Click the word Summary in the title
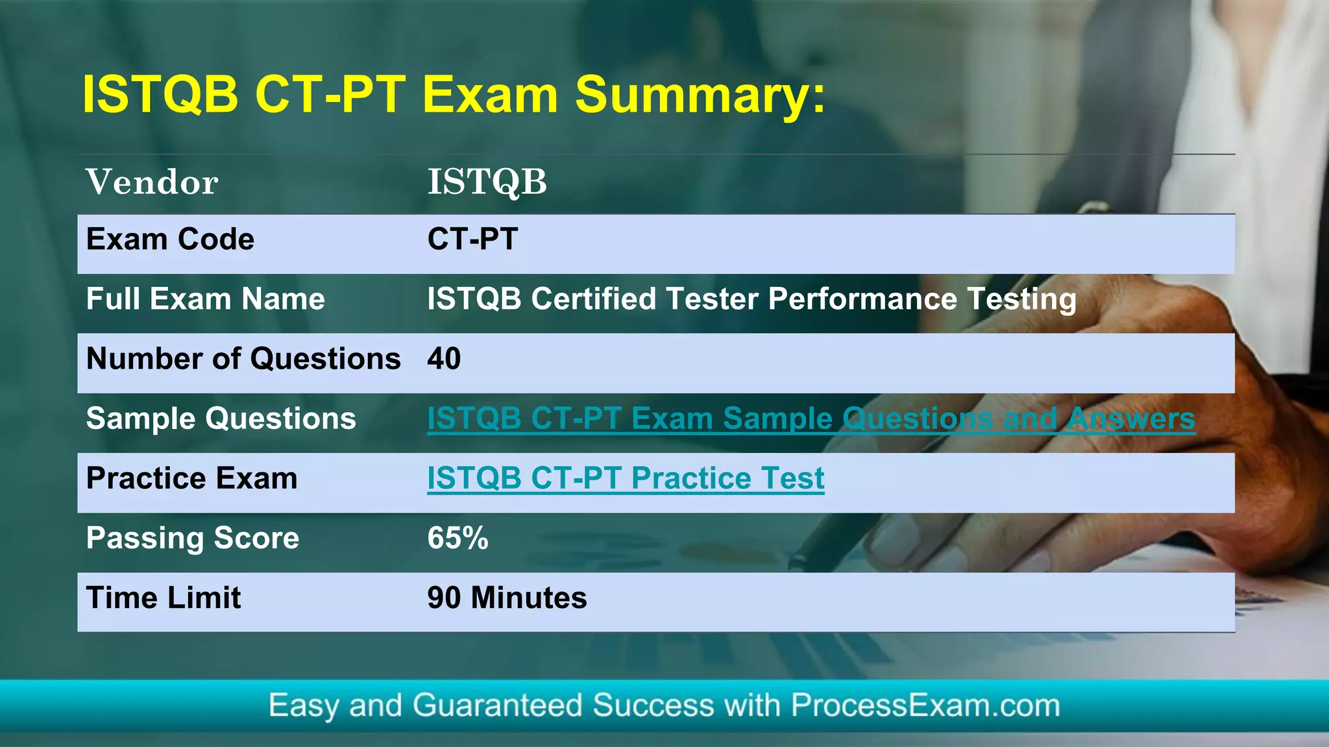click(700, 95)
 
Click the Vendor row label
click(152, 182)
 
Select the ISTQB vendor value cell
click(487, 182)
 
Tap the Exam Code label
click(170, 239)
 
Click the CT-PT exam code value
click(472, 239)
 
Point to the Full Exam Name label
click(205, 299)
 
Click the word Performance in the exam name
click(862, 299)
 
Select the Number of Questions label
click(243, 359)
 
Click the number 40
click(444, 359)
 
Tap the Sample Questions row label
click(221, 419)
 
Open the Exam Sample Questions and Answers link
click(811, 419)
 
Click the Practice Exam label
click(191, 479)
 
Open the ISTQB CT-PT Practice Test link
click(625, 479)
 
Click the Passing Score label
click(192, 539)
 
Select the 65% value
click(457, 539)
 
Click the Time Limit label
click(163, 598)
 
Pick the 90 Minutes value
click(507, 598)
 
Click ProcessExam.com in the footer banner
click(925, 705)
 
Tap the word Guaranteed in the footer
click(497, 705)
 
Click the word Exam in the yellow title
click(490, 95)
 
